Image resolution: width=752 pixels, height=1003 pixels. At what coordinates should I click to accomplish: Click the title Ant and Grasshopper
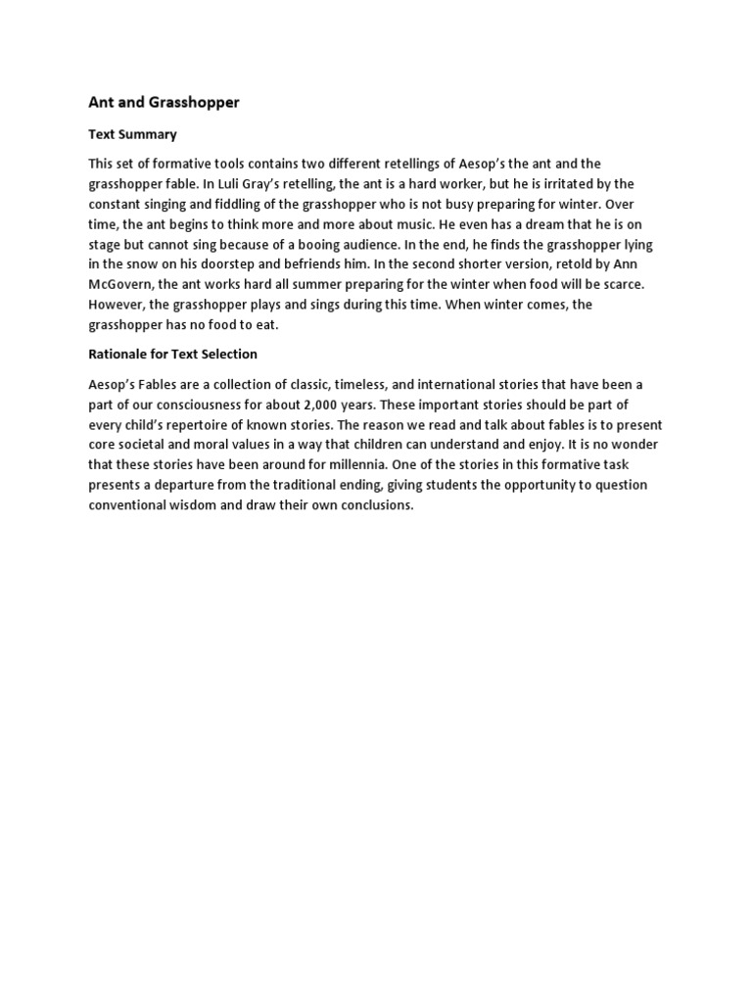[x=164, y=102]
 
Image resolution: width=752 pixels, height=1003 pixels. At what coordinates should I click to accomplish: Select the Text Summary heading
[x=132, y=133]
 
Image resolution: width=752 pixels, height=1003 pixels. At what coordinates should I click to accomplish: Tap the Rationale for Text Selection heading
[x=172, y=353]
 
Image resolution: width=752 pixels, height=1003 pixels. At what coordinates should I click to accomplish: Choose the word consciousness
[x=221, y=405]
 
